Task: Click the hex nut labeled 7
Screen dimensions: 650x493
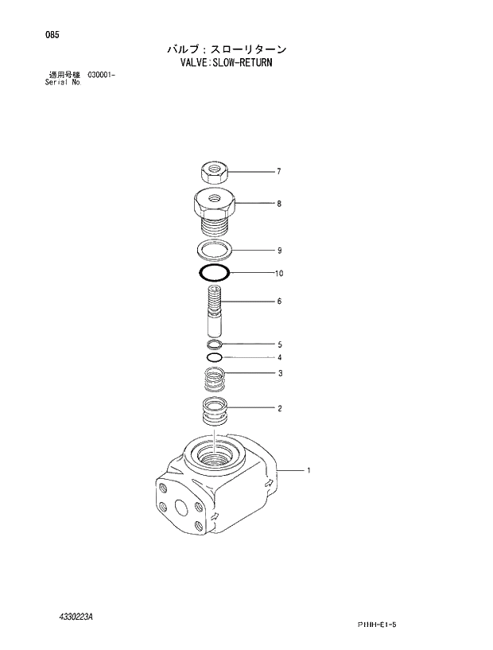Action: (213, 169)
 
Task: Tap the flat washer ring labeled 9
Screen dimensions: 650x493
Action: (213, 250)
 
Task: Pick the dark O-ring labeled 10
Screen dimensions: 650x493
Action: (214, 273)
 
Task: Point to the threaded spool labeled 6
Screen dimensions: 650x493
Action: (215, 312)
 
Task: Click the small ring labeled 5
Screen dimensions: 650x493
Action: (213, 344)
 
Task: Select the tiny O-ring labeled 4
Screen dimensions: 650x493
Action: (213, 357)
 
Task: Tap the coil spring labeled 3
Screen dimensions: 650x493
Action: (213, 379)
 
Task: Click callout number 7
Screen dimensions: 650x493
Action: (278, 171)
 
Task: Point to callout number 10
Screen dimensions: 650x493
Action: (278, 274)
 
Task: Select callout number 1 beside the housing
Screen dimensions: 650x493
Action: (309, 470)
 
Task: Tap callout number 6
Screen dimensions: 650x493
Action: (278, 302)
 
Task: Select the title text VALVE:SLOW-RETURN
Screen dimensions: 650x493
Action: (226, 61)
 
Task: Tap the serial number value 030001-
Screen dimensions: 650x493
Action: (96, 75)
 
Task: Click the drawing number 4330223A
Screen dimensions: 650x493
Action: (76, 617)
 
